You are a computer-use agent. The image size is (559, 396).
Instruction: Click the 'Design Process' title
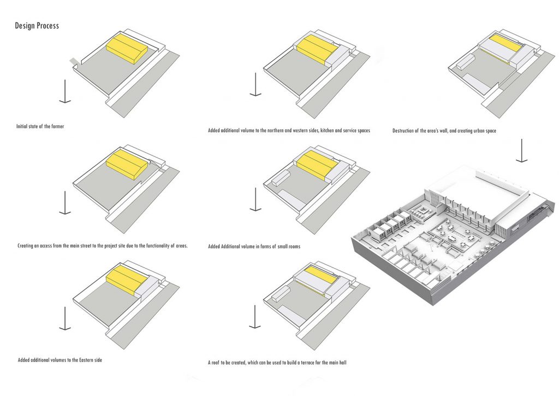coord(37,26)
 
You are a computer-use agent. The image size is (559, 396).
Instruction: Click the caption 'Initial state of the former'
coord(40,126)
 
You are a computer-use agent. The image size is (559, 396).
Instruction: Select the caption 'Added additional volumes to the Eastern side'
coord(60,360)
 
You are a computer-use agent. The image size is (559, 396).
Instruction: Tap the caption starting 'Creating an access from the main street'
coord(102,246)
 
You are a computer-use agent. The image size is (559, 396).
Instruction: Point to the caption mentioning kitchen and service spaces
coord(289,130)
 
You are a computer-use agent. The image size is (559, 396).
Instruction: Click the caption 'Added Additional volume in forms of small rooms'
coord(254,246)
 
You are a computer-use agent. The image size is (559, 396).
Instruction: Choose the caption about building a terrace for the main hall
coord(277,363)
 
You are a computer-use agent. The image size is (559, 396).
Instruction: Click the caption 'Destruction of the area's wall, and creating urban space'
coord(444,131)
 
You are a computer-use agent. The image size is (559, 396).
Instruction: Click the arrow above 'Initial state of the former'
coord(65,91)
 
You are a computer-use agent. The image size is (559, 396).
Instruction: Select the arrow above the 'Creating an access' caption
coord(65,203)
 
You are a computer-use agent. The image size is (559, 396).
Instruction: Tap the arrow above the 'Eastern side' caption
coord(65,318)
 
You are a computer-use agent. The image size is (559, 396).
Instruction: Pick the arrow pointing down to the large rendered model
coord(521,150)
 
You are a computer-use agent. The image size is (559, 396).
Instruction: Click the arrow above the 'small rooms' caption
coord(255,199)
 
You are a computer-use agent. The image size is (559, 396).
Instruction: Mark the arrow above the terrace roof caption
coord(254,317)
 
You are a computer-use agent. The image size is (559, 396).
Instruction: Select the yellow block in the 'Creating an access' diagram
coord(127,164)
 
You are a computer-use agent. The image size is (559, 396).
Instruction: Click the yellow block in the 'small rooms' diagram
coord(317,164)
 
